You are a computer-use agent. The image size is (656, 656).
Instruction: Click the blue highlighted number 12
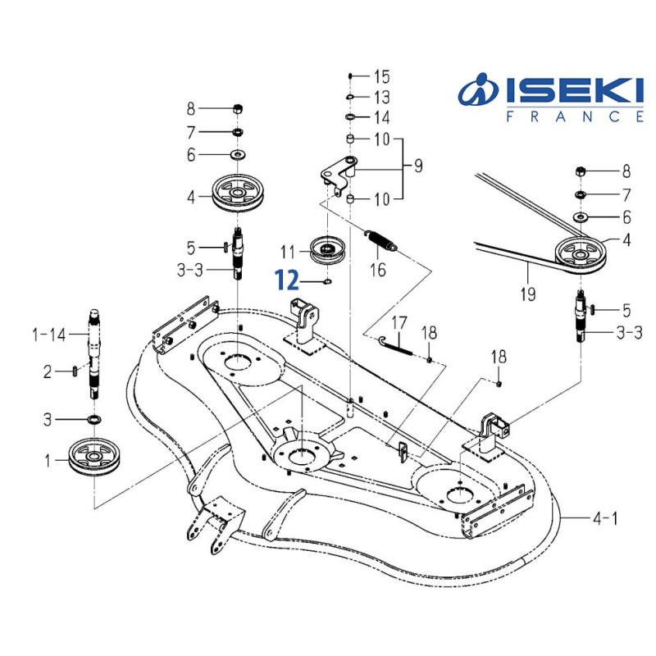coord(286,281)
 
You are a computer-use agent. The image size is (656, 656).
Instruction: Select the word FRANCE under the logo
coord(574,116)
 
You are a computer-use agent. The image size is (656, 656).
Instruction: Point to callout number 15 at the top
coord(381,77)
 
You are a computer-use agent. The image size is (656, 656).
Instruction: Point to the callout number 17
coord(399,322)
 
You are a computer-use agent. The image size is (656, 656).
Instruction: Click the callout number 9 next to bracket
coord(417,167)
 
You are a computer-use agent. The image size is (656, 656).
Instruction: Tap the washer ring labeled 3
coord(94,420)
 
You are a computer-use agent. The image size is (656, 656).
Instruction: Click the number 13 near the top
coord(381,98)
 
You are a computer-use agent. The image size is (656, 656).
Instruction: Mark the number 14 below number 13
coord(381,117)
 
